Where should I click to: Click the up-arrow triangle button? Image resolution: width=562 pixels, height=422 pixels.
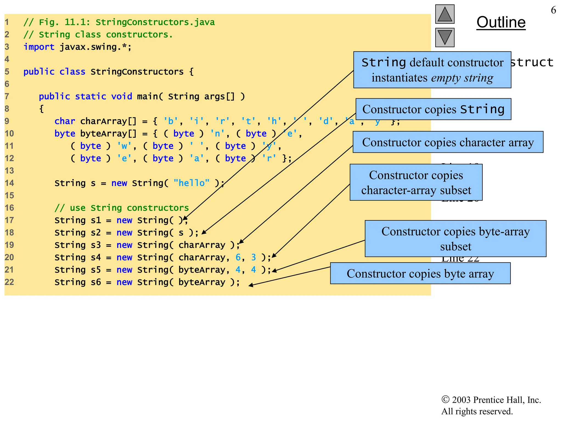point(445,14)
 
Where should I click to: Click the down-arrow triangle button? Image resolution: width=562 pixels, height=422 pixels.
point(445,37)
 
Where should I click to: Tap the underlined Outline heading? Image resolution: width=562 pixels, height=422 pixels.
point(501,22)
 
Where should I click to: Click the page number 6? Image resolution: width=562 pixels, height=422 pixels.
point(553,10)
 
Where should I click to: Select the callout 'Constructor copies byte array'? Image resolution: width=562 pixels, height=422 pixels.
point(420,273)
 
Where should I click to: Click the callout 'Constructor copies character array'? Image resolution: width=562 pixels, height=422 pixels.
point(448,142)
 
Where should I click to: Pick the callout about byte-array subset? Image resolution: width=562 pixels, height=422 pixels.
point(456,238)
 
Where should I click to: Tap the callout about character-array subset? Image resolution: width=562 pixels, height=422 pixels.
point(416,182)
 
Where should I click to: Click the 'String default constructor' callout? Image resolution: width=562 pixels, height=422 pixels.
point(432,70)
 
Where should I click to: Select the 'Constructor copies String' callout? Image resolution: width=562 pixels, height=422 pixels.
point(433,109)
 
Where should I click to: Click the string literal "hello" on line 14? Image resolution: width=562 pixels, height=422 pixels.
point(192,183)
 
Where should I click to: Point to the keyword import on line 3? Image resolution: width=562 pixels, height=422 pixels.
point(39,47)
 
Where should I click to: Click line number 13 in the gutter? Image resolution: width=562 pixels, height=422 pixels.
point(9,171)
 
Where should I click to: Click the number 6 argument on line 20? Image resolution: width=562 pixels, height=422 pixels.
point(238,257)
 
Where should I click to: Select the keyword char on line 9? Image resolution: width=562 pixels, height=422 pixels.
point(65,121)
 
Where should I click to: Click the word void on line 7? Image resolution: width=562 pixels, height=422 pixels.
point(122,96)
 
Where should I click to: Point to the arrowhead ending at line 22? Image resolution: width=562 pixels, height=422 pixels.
point(251,285)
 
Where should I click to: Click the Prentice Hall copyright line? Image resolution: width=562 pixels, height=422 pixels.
point(491,400)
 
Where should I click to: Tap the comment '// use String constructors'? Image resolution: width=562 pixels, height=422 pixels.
point(122,208)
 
